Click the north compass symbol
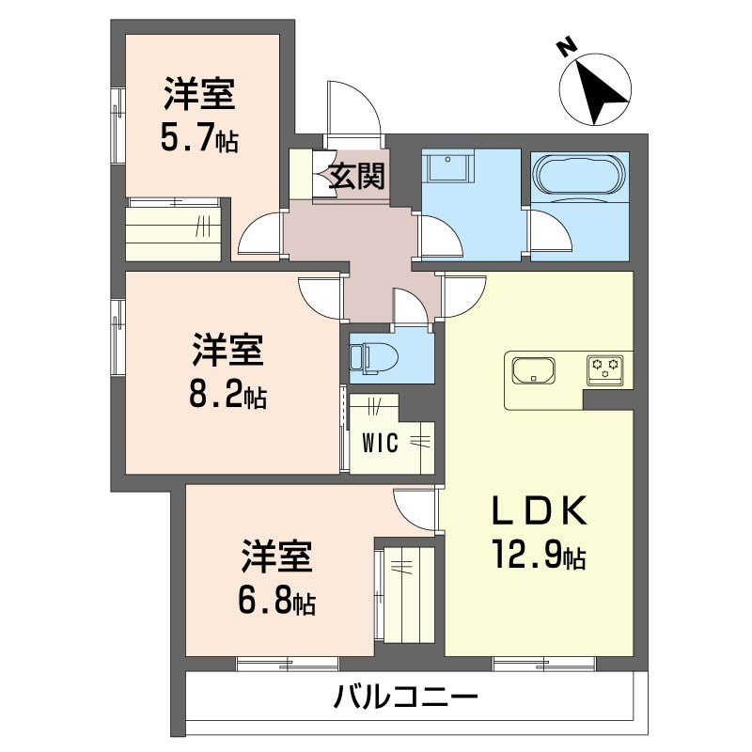pos(593,87)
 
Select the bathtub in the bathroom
pos(578,176)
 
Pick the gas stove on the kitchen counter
pos(606,369)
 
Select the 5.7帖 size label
pos(196,140)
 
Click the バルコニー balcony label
pos(405,698)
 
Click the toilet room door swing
pos(412,308)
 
